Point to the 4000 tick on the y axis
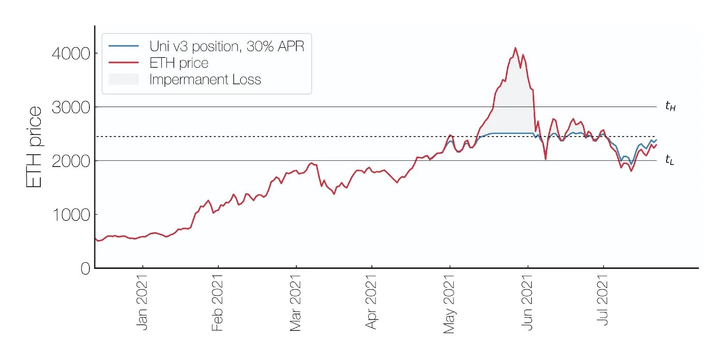tap(70, 53)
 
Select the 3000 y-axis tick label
tap(70, 107)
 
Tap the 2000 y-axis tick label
tap(70, 161)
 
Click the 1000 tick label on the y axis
tap(70, 215)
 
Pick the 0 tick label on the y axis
tap(85, 268)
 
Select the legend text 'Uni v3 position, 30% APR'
tap(227, 46)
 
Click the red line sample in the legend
tap(124, 63)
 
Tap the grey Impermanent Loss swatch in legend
tap(124, 80)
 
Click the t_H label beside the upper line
tap(670, 107)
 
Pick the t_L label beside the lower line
tap(670, 161)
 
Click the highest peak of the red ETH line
tap(515, 48)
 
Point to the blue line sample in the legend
tap(124, 46)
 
